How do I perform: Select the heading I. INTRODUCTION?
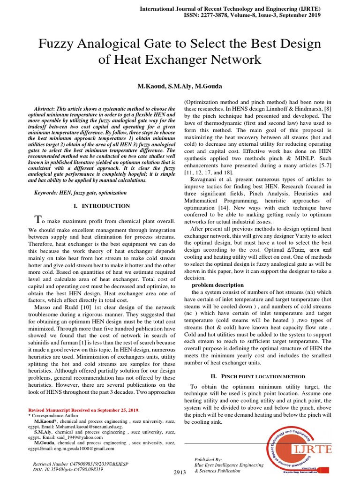pyautogui.click(x=103, y=206)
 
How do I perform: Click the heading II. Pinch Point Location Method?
pyautogui.click(x=257, y=376)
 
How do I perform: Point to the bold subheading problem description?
pyautogui.click(x=217, y=285)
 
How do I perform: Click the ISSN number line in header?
pyautogui.click(x=253, y=15)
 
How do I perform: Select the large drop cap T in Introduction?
pyautogui.click(x=39, y=220)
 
